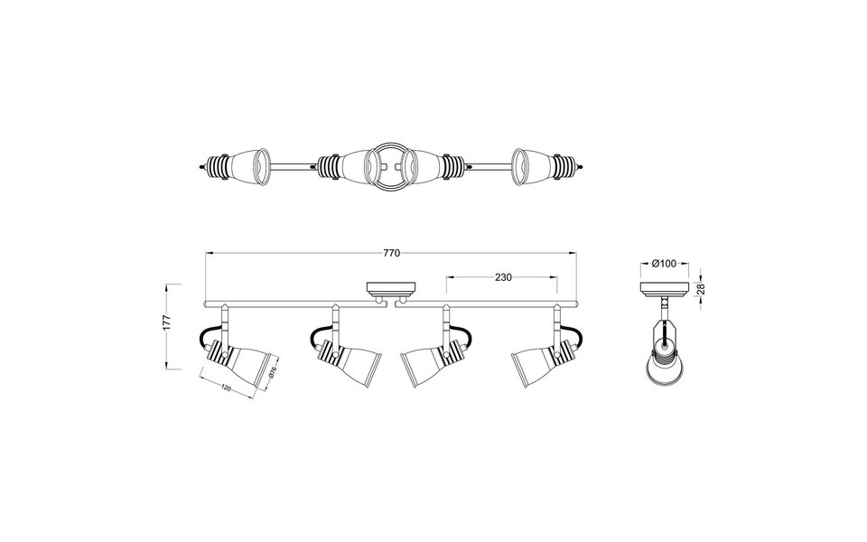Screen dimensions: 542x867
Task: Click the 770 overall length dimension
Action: pos(391,254)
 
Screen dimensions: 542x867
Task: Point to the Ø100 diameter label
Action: pos(664,264)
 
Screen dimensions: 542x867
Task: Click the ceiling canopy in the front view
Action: pos(389,290)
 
